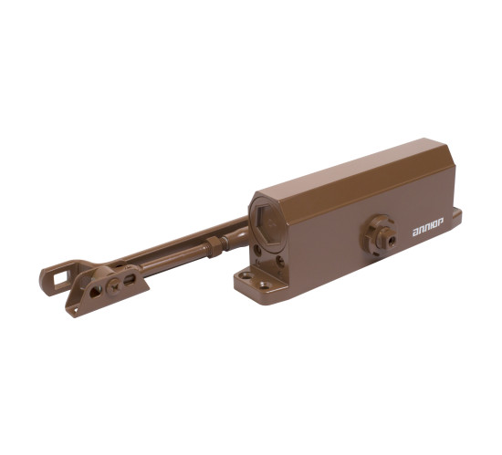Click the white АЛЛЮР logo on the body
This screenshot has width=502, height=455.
428,232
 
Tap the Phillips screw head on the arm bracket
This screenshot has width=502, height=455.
114,284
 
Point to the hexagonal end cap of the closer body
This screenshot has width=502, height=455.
267,222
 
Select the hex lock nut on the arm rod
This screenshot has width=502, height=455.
214,246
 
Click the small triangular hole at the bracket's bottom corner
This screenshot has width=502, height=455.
75,309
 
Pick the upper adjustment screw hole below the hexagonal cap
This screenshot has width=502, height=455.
257,251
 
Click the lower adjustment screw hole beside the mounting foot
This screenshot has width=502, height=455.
279,262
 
